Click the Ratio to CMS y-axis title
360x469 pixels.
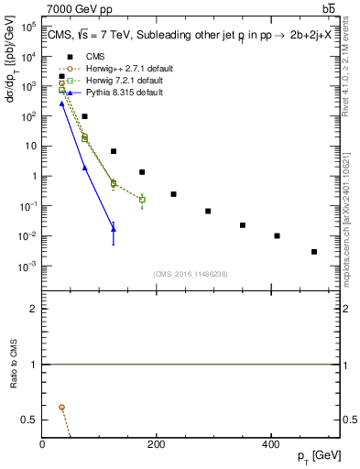(x=15, y=365)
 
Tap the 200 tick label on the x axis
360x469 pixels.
(x=156, y=444)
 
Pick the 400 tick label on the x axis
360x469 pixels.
(x=269, y=444)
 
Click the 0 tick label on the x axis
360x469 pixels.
(x=43, y=444)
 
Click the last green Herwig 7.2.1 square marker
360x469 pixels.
(x=142, y=200)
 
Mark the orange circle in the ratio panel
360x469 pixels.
(x=61, y=407)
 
